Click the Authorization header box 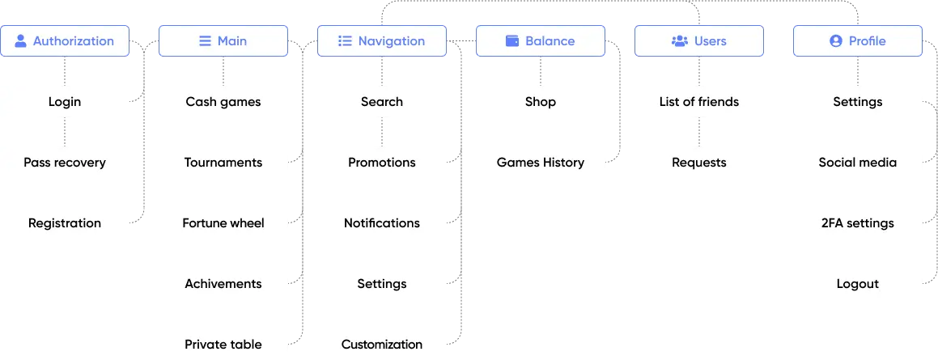(65, 41)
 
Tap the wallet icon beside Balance (511, 41)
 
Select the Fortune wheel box (223, 223)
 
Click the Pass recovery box (65, 163)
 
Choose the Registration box (65, 223)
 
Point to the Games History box (540, 163)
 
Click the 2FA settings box (857, 223)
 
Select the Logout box (857, 284)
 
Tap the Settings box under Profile (857, 102)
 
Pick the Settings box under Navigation (381, 284)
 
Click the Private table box (223, 344)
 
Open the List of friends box (698, 102)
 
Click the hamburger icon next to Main (205, 41)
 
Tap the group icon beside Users (679, 41)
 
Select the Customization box (381, 344)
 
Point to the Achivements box (223, 284)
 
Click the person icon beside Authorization (21, 41)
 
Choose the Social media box (857, 163)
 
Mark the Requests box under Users (698, 163)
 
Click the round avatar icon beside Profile (835, 41)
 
